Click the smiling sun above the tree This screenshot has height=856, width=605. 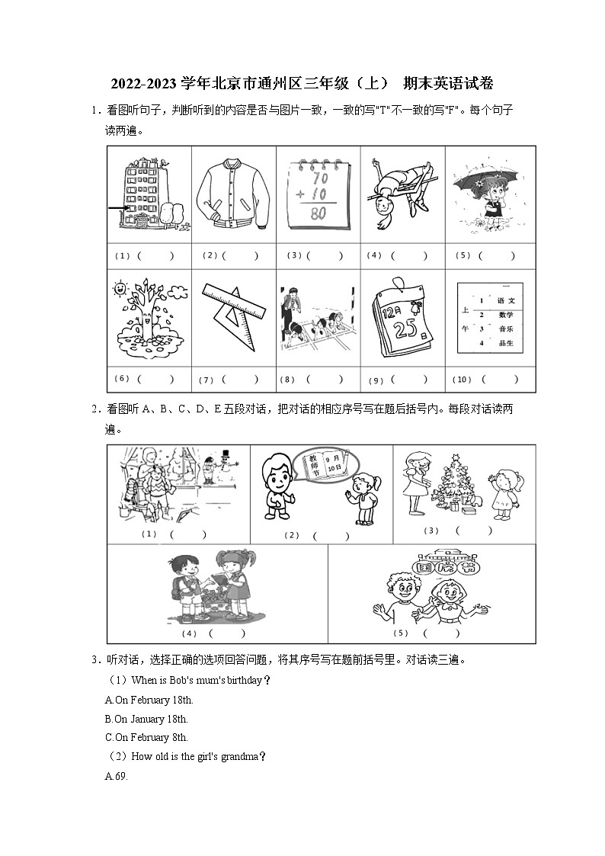click(x=120, y=290)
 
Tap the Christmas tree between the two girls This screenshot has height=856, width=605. click(x=457, y=483)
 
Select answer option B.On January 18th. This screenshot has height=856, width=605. click(x=146, y=719)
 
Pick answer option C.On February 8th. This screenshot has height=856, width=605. click(x=146, y=737)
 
